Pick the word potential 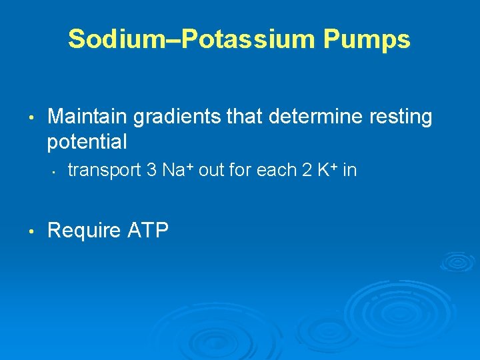point(87,142)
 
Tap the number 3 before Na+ point(151,171)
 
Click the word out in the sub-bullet point(211,171)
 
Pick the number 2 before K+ point(307,171)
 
